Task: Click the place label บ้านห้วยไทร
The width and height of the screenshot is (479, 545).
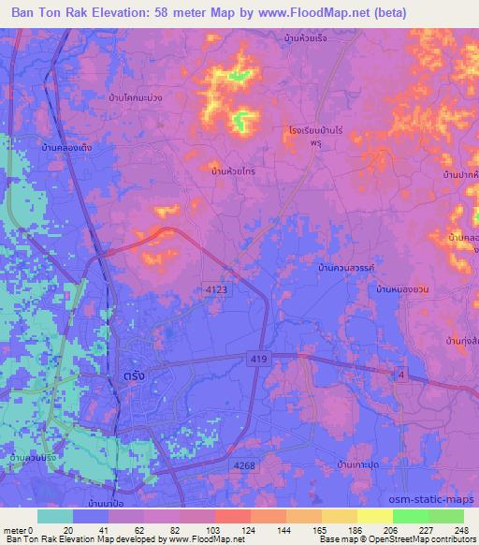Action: click(x=234, y=171)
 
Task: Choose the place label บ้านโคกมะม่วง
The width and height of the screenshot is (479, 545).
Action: click(x=136, y=97)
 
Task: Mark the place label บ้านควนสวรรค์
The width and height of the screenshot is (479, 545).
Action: click(x=346, y=269)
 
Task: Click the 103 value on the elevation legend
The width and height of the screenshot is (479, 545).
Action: click(x=213, y=530)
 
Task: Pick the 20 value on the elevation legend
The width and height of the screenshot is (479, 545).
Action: click(x=67, y=530)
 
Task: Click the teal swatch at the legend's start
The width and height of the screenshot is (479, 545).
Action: click(x=55, y=515)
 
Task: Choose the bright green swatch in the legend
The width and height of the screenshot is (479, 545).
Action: click(x=410, y=515)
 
